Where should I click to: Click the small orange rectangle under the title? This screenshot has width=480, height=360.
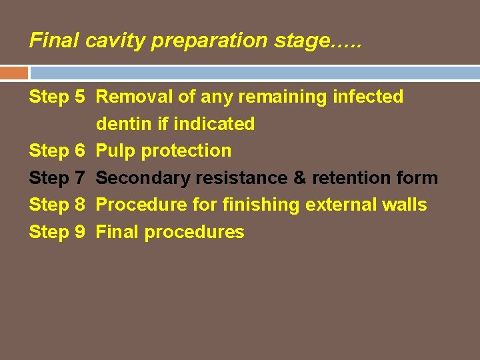pos(14,73)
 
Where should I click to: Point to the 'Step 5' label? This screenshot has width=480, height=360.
pos(57,97)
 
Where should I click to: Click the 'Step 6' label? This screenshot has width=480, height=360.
pos(57,151)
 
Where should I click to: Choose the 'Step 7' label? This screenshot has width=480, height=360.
pos(57,178)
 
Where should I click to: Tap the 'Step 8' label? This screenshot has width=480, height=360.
pos(57,205)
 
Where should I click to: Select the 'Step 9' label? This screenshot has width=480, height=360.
pos(57,232)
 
